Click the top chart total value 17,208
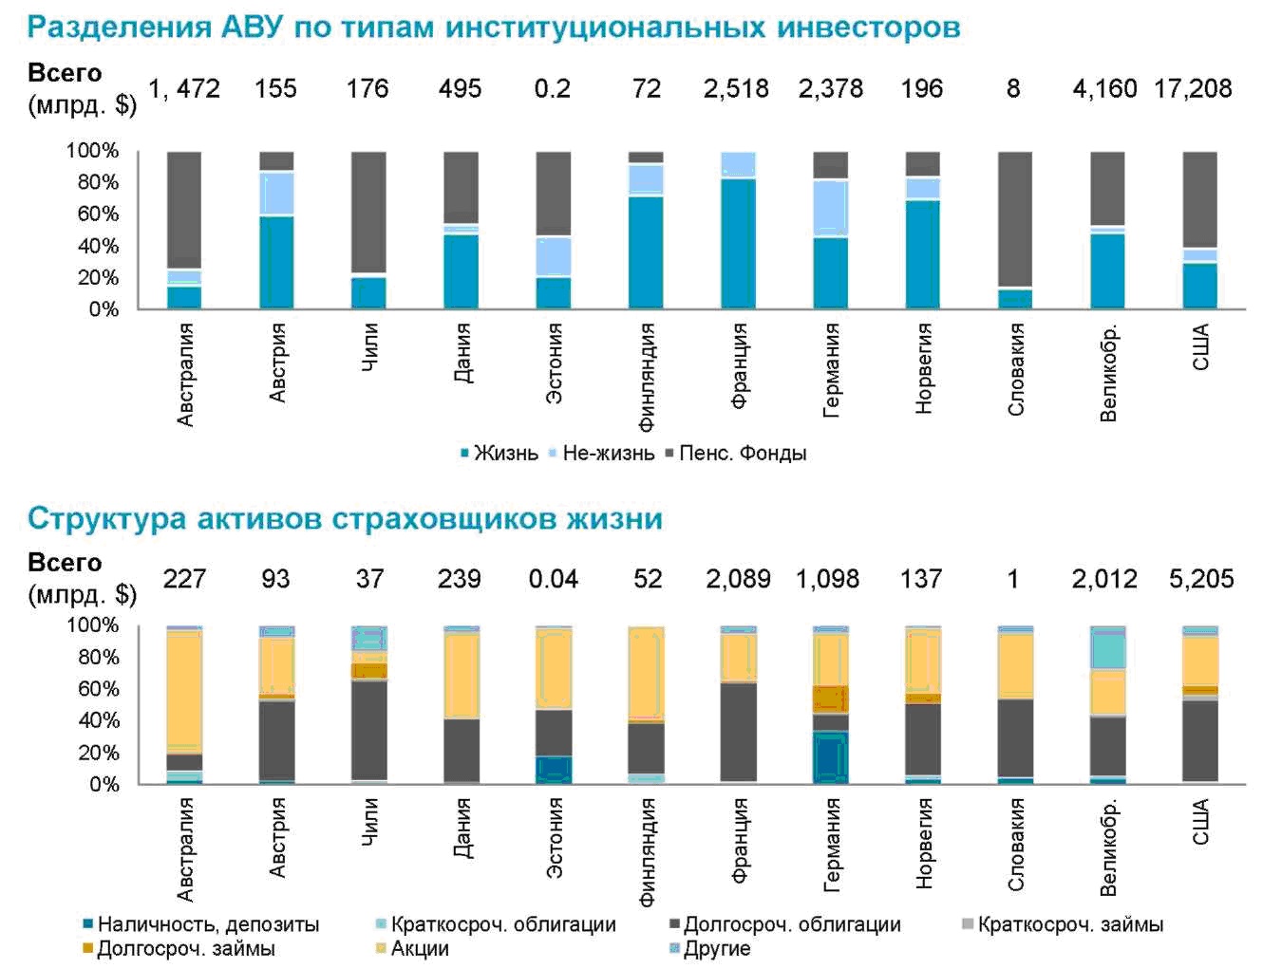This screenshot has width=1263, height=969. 1193,89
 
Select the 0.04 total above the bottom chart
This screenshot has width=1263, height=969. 553,579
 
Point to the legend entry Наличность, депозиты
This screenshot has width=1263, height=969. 208,924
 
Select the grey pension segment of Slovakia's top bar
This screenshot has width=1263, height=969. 1014,218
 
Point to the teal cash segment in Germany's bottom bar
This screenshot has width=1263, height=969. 830,756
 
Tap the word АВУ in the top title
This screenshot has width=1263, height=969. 253,27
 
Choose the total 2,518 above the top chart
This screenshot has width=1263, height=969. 736,89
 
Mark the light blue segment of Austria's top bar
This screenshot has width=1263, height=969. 276,194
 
